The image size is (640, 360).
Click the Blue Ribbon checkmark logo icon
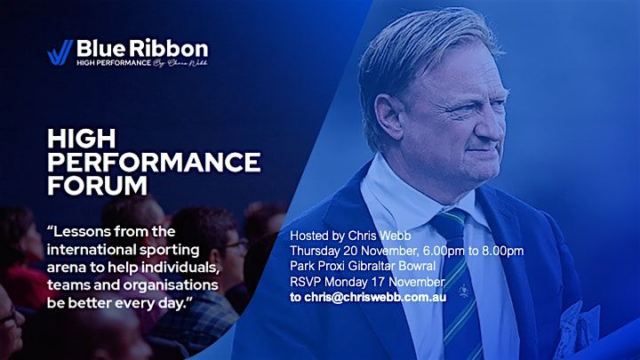tap(60, 52)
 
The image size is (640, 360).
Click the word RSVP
tap(307, 281)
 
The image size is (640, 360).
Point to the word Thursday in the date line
tap(317, 250)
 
